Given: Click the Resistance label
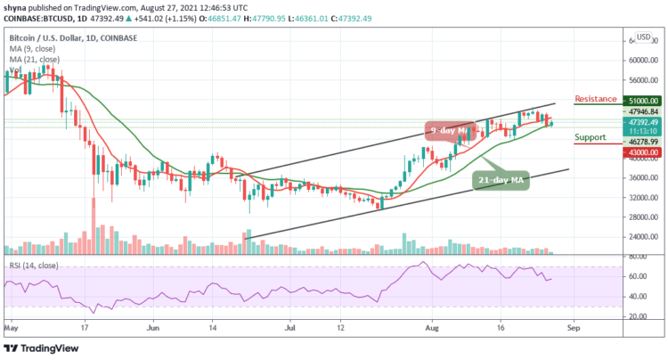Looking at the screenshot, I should (597, 98).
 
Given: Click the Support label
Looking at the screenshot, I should (591, 138).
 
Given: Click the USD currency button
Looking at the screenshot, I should (644, 39).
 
